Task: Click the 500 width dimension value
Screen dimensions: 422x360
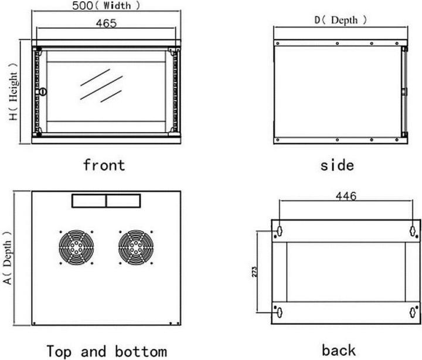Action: click(83, 5)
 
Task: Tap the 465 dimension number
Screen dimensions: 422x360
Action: click(106, 23)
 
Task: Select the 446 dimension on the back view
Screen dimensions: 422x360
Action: click(346, 196)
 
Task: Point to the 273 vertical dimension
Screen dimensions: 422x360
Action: click(254, 271)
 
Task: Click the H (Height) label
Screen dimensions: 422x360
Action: click(13, 92)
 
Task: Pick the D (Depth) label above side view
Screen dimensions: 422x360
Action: click(341, 20)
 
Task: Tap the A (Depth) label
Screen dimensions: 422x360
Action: click(8, 258)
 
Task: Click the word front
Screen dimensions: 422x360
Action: click(104, 165)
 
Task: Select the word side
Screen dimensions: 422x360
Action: click(337, 165)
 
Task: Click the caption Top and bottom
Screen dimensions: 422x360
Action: click(107, 351)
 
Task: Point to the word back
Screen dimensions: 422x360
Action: click(339, 350)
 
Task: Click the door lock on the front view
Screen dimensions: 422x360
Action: click(43, 92)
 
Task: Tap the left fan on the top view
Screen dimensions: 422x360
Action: click(76, 247)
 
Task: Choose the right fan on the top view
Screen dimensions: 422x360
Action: click(136, 247)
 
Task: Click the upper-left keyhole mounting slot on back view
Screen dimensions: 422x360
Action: click(280, 231)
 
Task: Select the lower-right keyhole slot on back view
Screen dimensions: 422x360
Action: click(413, 313)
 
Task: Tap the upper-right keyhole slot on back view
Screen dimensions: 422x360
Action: click(413, 231)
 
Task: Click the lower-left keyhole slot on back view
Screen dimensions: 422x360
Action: click(280, 313)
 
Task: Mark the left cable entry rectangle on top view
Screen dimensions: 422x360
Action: click(89, 201)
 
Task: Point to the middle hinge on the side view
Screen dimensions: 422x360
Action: click(404, 91)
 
